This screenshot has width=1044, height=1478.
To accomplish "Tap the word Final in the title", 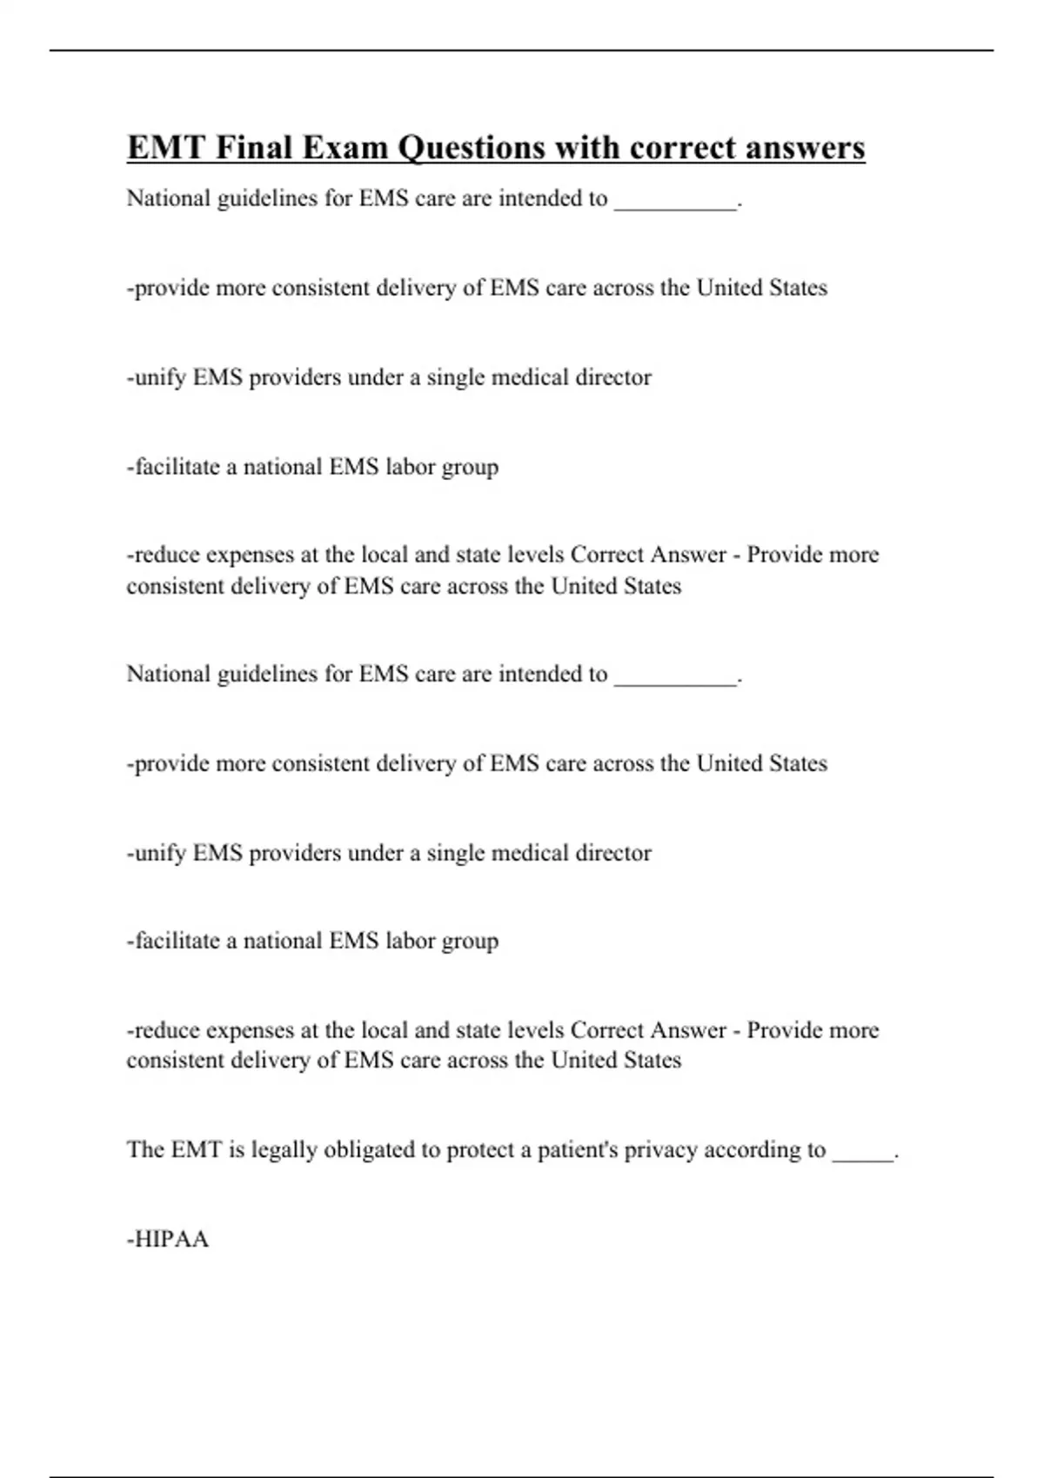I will point(254,148).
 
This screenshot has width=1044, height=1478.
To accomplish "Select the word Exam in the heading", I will point(346,148).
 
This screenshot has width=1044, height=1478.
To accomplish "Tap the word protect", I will point(479,1150).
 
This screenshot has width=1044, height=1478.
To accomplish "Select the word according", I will point(750,1150).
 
